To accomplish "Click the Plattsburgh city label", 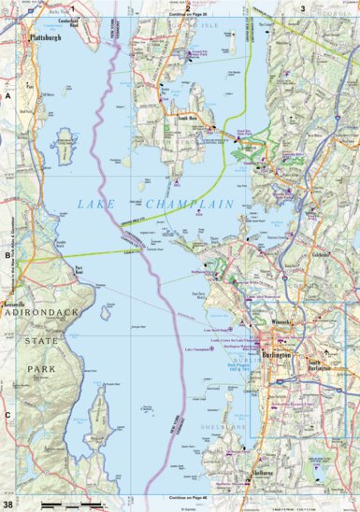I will point(45,37).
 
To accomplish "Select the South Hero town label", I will point(180,120).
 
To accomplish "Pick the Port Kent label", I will point(79,268).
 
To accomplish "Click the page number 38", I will point(8,505).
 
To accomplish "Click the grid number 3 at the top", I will point(301,7).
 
